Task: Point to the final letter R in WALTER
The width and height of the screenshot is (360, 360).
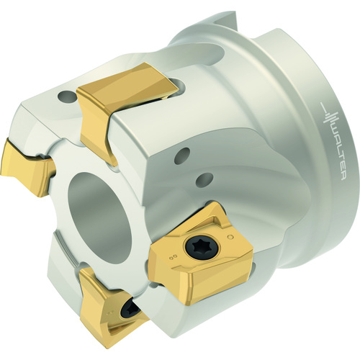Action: tap(343, 178)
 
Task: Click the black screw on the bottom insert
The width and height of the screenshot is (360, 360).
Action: tap(130, 309)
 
